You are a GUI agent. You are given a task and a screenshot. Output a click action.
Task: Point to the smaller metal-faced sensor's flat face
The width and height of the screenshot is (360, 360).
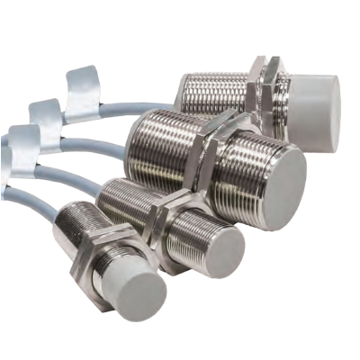click(219, 246)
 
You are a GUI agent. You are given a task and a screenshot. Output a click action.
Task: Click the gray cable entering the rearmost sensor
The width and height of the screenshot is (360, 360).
click(135, 104)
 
